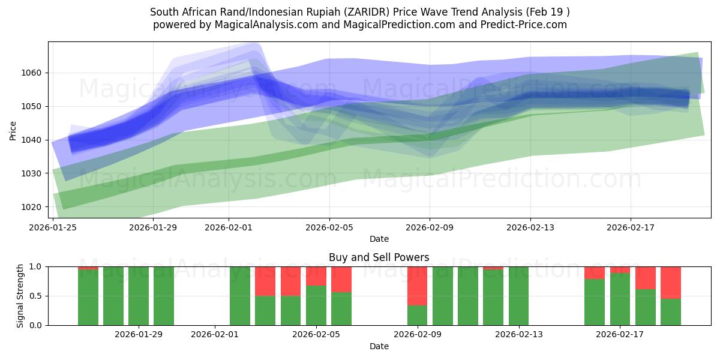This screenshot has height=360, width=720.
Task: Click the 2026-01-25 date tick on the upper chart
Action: click(x=53, y=228)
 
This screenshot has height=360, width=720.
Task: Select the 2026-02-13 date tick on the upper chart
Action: click(x=530, y=228)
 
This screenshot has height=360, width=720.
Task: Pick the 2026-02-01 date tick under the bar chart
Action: click(x=215, y=334)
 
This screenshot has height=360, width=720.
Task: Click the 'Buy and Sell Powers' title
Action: click(x=379, y=257)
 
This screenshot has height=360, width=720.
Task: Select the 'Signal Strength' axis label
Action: click(x=20, y=296)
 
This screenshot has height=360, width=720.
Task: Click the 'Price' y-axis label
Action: click(x=13, y=130)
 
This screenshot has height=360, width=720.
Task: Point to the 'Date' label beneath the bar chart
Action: click(x=379, y=346)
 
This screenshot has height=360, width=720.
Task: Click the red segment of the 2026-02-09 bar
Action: click(x=417, y=286)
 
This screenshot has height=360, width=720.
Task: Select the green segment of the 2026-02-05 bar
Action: click(x=316, y=305)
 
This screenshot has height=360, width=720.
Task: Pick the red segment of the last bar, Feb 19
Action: click(x=671, y=282)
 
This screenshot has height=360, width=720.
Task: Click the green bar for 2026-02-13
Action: click(x=518, y=296)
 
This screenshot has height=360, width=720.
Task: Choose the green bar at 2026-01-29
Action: click(x=139, y=296)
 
